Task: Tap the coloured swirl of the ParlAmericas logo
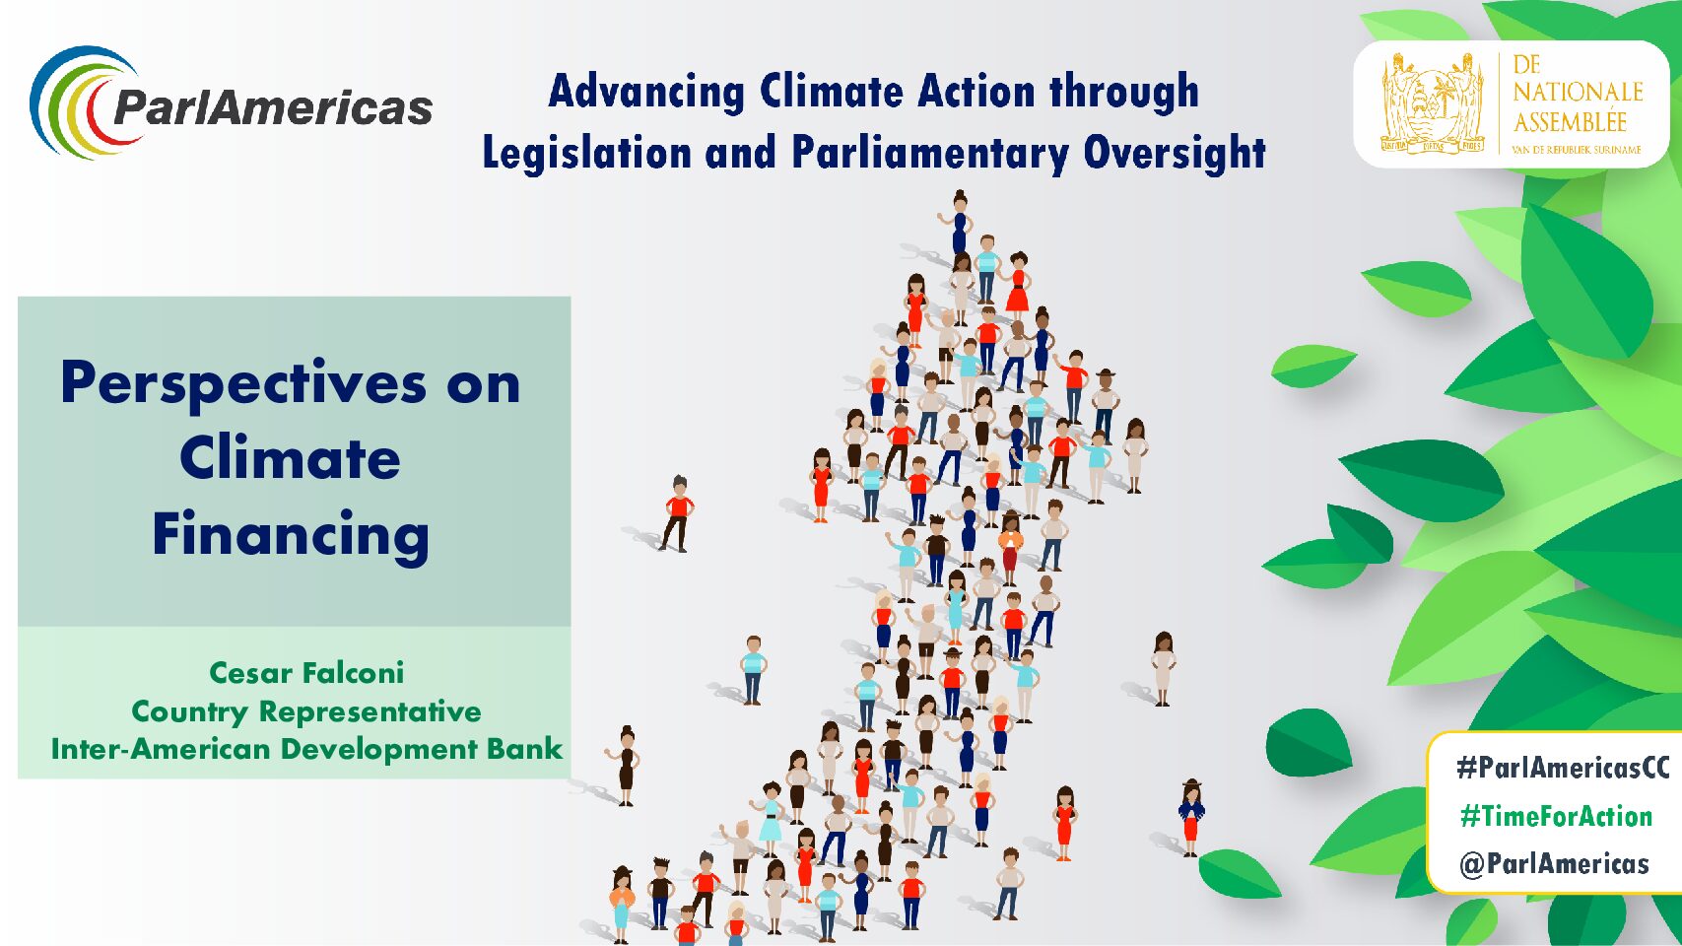[x=84, y=102]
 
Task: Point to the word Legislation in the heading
[x=586, y=153]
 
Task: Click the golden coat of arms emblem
[x=1432, y=103]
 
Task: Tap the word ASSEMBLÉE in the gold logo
[x=1570, y=121]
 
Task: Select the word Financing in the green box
[x=291, y=535]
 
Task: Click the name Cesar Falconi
[x=306, y=673]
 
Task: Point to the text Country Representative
[x=306, y=711]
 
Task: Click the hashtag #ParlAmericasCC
[x=1563, y=768]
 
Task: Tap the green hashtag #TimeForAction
[x=1556, y=816]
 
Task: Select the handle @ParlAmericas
[x=1554, y=863]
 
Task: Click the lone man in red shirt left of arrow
[x=678, y=513]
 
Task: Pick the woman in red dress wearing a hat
[x=1191, y=818]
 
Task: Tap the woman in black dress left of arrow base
[x=625, y=766]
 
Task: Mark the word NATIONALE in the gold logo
[x=1578, y=92]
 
